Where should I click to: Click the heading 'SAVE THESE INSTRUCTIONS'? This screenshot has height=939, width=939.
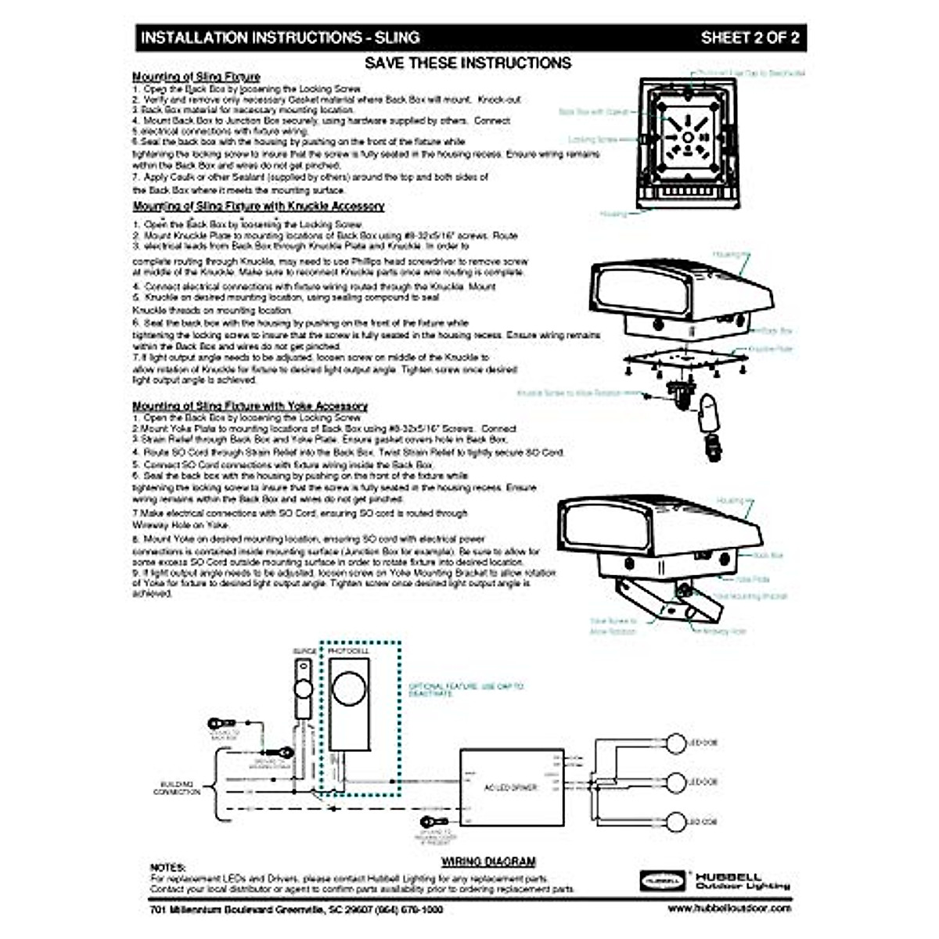[469, 63]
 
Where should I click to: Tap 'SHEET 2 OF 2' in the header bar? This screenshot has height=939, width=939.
[749, 38]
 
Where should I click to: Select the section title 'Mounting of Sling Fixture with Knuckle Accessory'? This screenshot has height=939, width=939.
[258, 207]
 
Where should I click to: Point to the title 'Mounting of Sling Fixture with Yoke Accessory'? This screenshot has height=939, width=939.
[250, 406]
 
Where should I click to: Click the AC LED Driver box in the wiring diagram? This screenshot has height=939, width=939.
[512, 786]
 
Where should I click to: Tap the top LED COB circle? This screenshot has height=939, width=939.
[675, 743]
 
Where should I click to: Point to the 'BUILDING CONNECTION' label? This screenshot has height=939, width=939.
[177, 787]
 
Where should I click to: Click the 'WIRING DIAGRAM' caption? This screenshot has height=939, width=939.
[488, 862]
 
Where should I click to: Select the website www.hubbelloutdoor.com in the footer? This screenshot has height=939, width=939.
[729, 908]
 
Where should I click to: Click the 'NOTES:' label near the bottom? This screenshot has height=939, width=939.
[167, 868]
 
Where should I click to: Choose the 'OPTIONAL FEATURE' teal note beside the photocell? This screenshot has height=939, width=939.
[466, 689]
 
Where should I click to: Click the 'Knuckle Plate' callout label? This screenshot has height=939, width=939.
[770, 349]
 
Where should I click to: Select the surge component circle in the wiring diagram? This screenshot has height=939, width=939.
[302, 691]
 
